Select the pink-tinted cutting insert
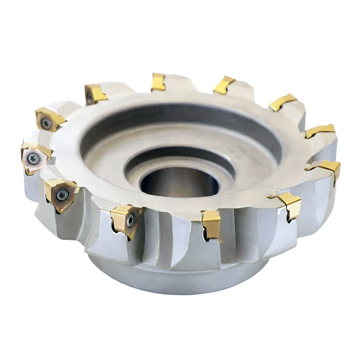coord(34,156)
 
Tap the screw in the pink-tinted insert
coord(33,158)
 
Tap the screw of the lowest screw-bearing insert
coord(130,220)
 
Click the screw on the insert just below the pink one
coord(62,194)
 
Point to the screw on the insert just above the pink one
coord(46,122)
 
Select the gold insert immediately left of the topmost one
coord(95,94)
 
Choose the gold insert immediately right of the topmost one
coord(224,85)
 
